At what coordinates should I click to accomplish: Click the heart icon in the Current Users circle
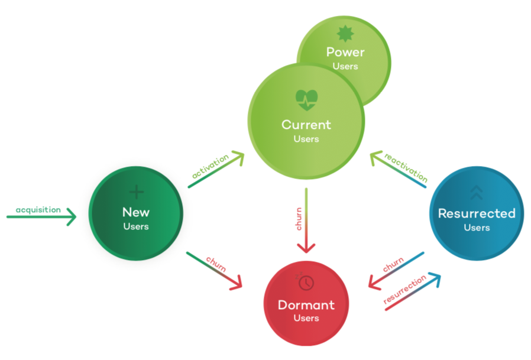coord(306,100)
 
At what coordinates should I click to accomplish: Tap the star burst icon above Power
coord(345,34)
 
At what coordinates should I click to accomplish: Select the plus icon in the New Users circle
coord(137,192)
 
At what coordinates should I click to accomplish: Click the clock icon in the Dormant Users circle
coord(306,283)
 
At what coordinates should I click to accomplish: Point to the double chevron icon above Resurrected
coord(477,193)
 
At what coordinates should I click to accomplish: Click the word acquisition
coord(38,210)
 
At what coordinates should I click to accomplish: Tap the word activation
coord(211,166)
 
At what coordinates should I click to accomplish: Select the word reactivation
coord(406,167)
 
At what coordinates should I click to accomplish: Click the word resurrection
coord(404,289)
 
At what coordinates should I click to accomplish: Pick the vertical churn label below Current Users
coord(299,219)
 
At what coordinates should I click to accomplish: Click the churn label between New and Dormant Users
coord(216,264)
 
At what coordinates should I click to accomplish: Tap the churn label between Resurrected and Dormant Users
coord(393,264)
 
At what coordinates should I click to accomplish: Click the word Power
coord(345,52)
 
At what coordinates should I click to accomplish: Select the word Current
coord(306,125)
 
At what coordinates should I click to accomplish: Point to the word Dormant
coord(306,305)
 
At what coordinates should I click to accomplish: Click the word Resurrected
coord(477,213)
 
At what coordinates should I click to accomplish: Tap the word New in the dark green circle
coord(136,212)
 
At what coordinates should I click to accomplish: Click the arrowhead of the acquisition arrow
coord(72,217)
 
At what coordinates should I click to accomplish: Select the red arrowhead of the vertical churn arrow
coord(306,249)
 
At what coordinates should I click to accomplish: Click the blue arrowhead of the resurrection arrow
coord(435,279)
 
